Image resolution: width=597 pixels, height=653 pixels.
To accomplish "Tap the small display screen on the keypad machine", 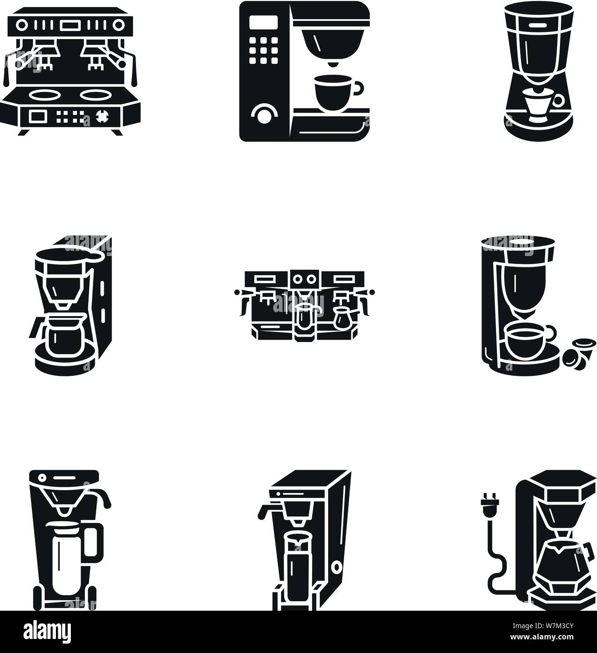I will pos(257,21).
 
